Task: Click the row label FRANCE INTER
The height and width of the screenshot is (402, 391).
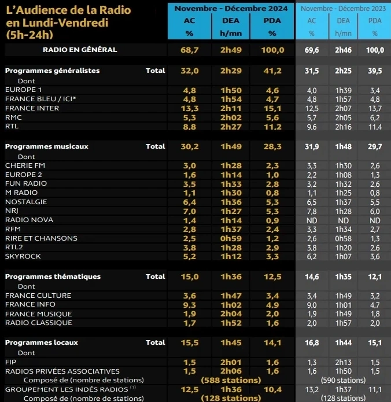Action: click(32, 108)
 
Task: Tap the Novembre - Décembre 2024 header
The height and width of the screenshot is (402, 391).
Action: click(231, 8)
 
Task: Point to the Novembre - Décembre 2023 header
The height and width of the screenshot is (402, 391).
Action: click(344, 8)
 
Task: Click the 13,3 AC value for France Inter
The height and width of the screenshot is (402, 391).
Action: click(190, 108)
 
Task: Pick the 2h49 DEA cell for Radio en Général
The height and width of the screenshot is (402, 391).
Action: click(231, 50)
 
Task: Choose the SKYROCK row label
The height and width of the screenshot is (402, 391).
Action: click(23, 256)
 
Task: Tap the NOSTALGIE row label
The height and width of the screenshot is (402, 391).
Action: click(25, 201)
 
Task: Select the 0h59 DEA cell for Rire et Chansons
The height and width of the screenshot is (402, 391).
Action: click(231, 238)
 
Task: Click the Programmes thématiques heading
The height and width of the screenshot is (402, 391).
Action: click(53, 276)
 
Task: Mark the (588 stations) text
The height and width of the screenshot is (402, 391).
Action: click(231, 380)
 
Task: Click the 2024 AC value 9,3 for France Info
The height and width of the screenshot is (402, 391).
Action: click(190, 304)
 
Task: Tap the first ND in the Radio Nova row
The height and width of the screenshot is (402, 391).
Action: click(311, 220)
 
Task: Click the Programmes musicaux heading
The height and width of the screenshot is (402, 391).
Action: click(46, 146)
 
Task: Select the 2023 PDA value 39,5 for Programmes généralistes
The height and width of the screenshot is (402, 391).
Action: click(375, 71)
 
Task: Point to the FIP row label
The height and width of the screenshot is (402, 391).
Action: click(10, 362)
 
